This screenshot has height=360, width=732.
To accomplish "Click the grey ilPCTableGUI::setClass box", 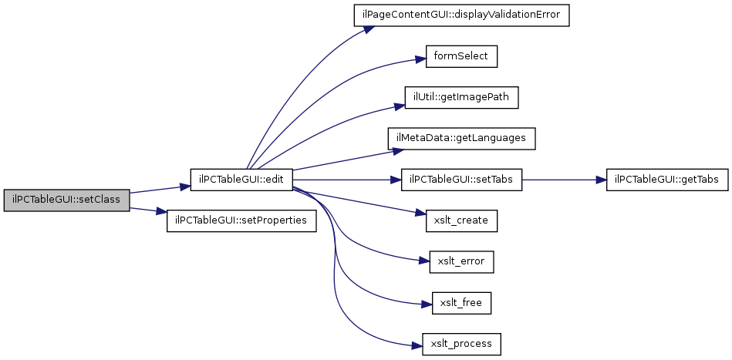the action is [x=66, y=200].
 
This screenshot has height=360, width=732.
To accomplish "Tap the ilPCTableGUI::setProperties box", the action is [x=241, y=220].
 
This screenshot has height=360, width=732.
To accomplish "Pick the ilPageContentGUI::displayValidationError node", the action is [x=462, y=16].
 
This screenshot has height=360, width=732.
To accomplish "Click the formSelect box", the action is [x=461, y=56].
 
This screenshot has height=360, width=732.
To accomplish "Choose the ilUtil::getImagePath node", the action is [x=462, y=98].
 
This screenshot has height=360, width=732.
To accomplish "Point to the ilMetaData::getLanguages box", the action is [x=462, y=139].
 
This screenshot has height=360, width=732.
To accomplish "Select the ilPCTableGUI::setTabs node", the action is [x=462, y=180].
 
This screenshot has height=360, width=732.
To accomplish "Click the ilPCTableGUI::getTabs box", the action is [x=666, y=180].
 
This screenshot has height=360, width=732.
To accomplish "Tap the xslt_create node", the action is [x=462, y=220].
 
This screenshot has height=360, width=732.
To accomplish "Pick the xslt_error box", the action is [x=462, y=261].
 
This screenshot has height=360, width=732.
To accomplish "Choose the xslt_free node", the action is [x=462, y=303].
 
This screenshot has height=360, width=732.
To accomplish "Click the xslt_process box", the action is [x=462, y=344].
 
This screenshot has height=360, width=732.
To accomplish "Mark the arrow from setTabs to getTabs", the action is [x=564, y=180].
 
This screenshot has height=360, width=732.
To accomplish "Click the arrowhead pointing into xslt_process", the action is [x=417, y=346].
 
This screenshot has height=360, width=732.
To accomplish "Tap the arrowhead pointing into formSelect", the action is [x=420, y=59].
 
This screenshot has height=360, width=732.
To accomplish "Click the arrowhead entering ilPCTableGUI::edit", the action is [x=185, y=187].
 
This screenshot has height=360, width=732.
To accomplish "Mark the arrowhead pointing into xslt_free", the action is [x=427, y=304].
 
